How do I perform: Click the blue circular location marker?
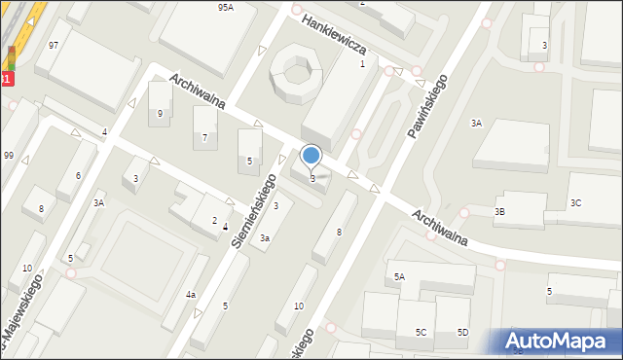(311, 155)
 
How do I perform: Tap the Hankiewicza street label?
(332, 34)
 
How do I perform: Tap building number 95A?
(225, 7)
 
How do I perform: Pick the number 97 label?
(54, 46)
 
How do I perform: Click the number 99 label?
(8, 156)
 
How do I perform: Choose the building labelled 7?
(204, 138)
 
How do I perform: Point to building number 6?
(78, 175)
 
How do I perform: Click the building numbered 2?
(214, 221)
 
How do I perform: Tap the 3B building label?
(499, 211)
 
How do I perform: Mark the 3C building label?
(576, 203)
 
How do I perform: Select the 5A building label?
(399, 277)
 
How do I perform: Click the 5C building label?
(421, 333)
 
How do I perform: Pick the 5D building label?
(462, 333)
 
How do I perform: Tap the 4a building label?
(192, 294)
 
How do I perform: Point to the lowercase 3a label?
(265, 237)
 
